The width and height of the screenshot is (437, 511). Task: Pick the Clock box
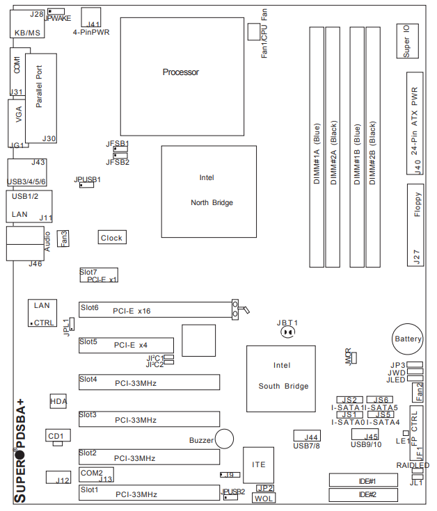coord(111,238)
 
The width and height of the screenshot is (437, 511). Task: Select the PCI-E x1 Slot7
coord(98,275)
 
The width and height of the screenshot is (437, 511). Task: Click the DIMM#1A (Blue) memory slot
coord(317,146)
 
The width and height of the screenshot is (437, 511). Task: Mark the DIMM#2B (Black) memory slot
coord(374,146)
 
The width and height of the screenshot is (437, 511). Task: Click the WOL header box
coord(264,498)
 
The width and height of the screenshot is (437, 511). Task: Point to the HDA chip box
coord(59,402)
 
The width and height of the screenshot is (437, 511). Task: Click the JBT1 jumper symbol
coord(287,332)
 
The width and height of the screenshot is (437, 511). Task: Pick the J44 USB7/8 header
coord(307,437)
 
